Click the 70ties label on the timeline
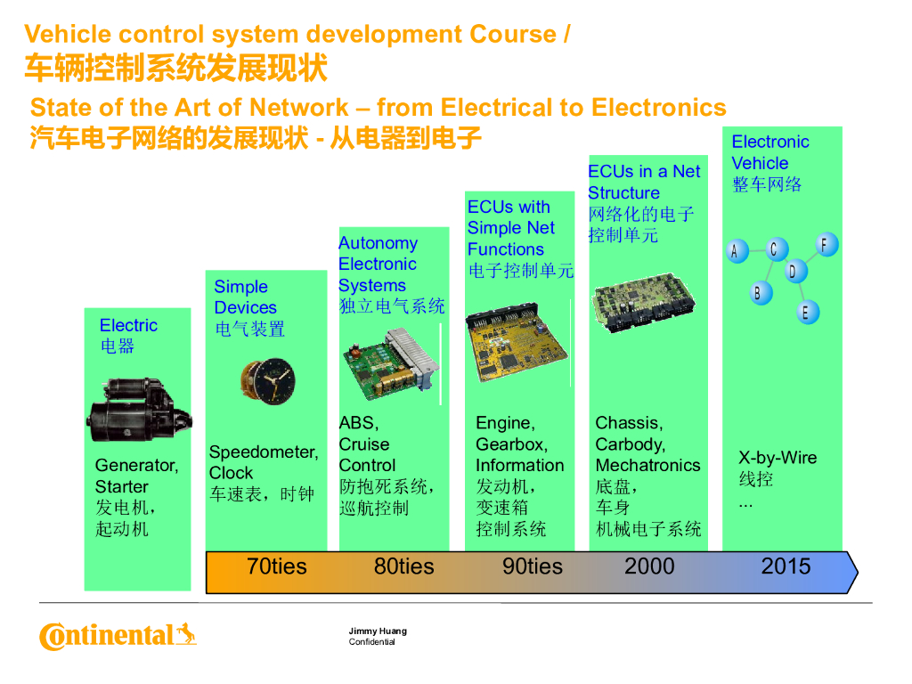[276, 566]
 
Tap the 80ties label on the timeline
[403, 566]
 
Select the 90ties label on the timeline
[533, 566]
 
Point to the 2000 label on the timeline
[649, 566]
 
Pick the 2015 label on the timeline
[786, 566]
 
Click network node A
[737, 251]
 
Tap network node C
[776, 249]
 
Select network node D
[794, 271]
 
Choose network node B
[760, 292]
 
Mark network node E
[807, 313]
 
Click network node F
[826, 245]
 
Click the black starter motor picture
[139, 410]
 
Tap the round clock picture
[269, 381]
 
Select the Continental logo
[118, 636]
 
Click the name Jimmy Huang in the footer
[378, 631]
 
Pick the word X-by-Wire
[778, 458]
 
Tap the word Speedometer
[263, 452]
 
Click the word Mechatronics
[648, 465]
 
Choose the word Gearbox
[511, 444]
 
